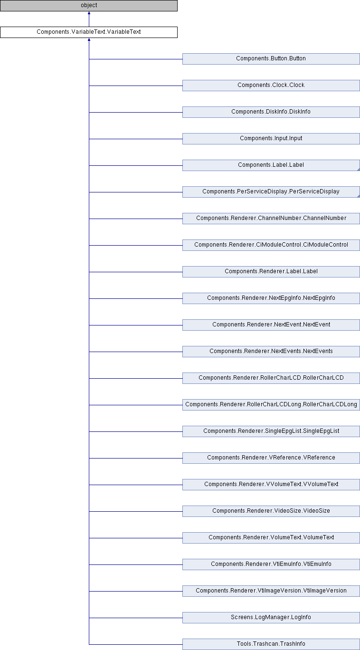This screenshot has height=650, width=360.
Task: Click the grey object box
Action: click(89, 6)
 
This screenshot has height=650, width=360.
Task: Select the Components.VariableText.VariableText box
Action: click(89, 32)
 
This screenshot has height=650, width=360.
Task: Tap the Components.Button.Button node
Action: click(271, 59)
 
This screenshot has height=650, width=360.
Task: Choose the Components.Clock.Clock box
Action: click(271, 86)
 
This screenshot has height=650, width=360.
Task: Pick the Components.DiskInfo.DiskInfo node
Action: click(271, 112)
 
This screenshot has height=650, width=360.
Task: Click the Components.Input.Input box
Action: click(271, 139)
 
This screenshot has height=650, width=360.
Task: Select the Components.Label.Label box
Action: click(271, 165)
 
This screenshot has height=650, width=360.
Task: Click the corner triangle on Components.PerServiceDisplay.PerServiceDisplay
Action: click(359, 196)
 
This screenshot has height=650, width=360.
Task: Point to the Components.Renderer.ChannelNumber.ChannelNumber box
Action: click(271, 219)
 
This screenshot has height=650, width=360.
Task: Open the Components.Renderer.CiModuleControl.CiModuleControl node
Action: click(271, 245)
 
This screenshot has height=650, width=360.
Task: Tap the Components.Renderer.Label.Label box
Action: click(271, 272)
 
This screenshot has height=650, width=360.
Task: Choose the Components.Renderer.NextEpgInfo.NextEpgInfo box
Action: click(271, 298)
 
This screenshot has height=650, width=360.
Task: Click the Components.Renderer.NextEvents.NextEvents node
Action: click(271, 352)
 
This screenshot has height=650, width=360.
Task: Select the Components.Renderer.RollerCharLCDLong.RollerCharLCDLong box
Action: click(271, 405)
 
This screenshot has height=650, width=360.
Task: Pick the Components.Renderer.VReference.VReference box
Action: click(271, 458)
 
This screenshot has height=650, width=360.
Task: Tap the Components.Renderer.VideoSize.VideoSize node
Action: click(271, 511)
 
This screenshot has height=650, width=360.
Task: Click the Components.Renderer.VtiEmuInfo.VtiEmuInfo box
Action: click(271, 564)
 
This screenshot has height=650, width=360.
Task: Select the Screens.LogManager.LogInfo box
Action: click(271, 618)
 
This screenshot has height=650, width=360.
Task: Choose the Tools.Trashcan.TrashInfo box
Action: click(271, 644)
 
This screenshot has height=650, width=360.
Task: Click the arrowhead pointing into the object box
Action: click(89, 13)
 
